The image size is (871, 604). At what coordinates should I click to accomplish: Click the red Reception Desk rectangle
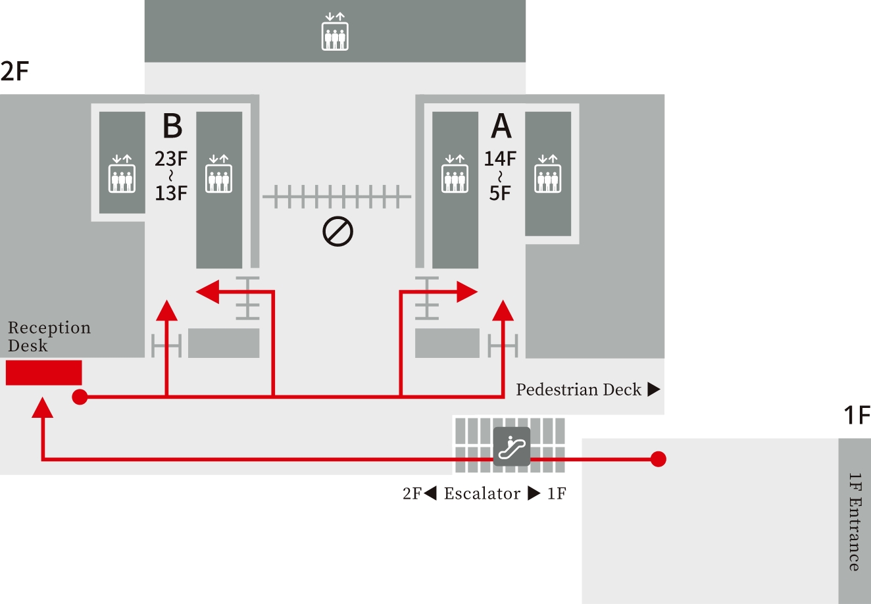click(x=43, y=372)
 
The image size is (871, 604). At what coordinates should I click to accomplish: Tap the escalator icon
click(x=512, y=447)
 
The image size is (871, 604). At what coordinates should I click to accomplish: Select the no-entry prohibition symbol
click(x=337, y=232)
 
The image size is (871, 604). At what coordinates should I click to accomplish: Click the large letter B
click(x=172, y=126)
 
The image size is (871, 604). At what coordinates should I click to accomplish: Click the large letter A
click(x=501, y=126)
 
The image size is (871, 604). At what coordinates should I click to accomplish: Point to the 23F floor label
click(x=171, y=159)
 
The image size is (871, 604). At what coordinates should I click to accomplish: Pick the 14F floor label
click(x=500, y=159)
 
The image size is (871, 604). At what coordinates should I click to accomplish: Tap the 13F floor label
click(x=171, y=193)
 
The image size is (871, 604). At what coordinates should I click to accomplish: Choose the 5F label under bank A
click(x=500, y=193)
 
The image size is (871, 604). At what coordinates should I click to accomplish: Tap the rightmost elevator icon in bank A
click(x=547, y=174)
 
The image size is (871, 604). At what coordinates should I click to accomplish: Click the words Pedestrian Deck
click(x=578, y=390)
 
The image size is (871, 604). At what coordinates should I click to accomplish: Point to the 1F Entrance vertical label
click(x=854, y=521)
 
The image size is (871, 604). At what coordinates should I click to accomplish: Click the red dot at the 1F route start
click(x=658, y=459)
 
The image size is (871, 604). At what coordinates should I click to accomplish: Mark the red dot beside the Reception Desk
click(x=80, y=397)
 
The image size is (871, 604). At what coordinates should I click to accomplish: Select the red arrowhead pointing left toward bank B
click(x=208, y=291)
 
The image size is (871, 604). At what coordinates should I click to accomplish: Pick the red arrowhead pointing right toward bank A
click(x=466, y=291)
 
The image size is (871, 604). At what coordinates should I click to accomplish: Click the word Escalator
click(x=482, y=493)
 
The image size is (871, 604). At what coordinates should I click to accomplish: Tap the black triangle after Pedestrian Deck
click(x=653, y=390)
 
